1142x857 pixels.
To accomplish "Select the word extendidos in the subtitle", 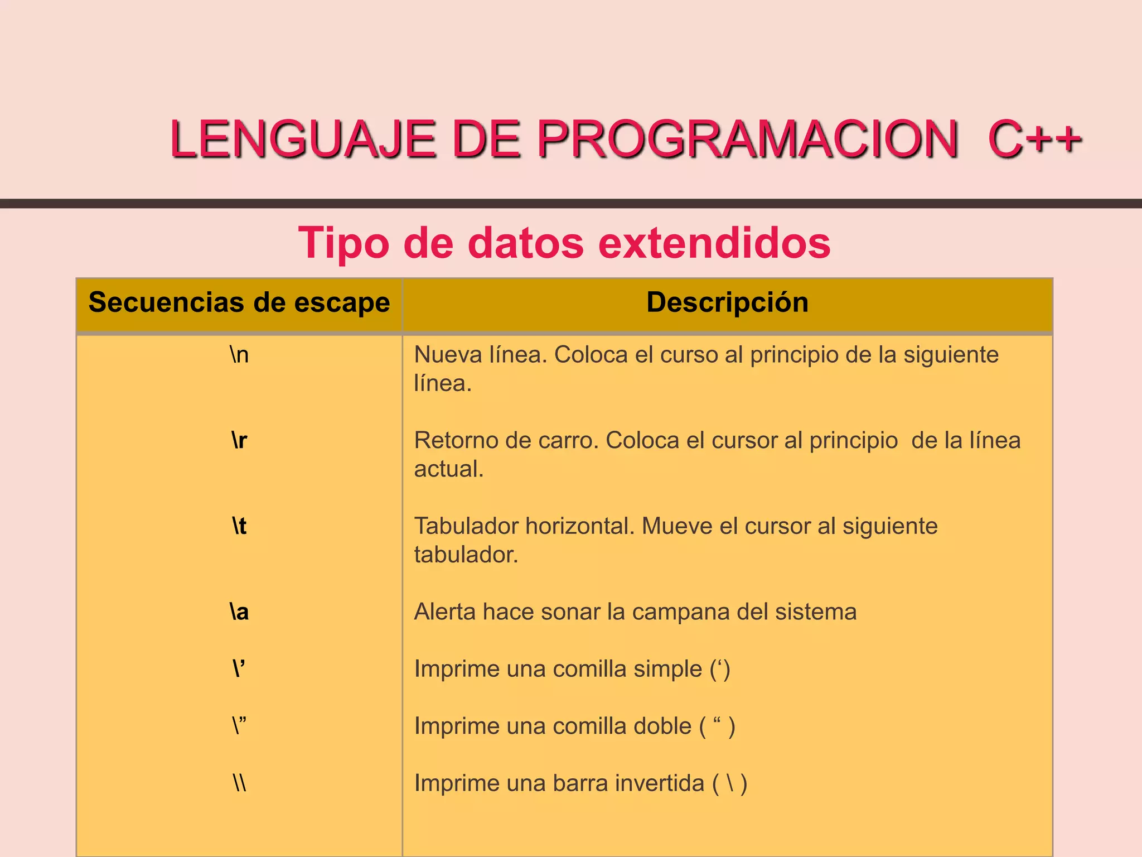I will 714,243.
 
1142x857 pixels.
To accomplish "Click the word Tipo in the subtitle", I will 343,243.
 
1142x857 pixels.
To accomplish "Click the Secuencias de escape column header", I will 239,302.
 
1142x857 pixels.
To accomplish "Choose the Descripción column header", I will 727,302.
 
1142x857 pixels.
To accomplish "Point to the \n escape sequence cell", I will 239,355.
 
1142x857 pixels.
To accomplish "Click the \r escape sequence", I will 239,441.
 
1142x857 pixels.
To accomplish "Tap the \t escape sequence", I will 239,526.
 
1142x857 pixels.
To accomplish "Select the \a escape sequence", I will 239,612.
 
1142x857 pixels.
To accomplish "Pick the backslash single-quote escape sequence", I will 239,668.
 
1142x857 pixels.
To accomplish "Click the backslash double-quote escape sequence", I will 239,726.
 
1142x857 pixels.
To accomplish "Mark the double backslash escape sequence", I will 239,783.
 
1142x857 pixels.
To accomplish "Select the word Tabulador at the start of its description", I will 465,526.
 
